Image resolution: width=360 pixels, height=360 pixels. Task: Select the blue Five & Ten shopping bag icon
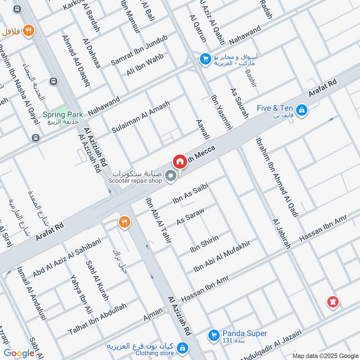(x=302, y=109)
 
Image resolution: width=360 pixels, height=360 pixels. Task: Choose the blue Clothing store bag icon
(x=182, y=347)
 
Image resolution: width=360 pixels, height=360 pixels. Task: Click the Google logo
(x=19, y=353)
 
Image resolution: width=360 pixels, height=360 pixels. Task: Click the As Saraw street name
(x=190, y=217)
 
